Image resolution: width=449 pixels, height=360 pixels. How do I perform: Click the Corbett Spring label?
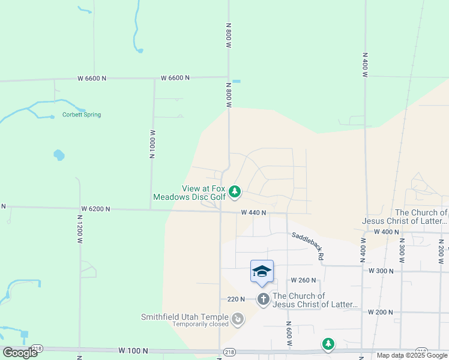(x=82, y=115)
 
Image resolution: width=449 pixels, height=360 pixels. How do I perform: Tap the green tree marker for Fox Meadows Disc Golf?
(x=235, y=192)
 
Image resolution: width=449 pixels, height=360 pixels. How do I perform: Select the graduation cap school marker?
(x=262, y=271)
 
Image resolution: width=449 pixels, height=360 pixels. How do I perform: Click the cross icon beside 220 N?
(x=264, y=299)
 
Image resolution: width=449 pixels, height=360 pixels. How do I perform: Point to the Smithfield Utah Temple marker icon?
(x=238, y=319)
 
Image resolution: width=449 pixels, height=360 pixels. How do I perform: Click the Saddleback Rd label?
(x=308, y=246)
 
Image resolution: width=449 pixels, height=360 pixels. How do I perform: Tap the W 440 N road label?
(x=253, y=212)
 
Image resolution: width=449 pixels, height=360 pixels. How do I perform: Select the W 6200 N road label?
(x=95, y=209)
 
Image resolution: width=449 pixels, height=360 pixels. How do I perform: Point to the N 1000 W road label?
(x=152, y=144)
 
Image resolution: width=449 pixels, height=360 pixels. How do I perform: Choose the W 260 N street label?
(x=303, y=280)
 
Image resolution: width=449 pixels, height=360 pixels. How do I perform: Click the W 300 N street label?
(x=381, y=271)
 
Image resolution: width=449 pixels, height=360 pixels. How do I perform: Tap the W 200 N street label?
(x=379, y=312)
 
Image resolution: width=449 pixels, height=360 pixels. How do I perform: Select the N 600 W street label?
(x=289, y=334)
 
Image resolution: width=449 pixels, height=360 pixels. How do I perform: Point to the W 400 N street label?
(x=386, y=232)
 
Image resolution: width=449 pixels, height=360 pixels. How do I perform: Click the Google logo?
(x=20, y=353)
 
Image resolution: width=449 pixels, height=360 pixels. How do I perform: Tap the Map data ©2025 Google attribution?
(x=412, y=355)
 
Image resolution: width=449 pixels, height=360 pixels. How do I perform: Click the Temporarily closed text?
(x=200, y=325)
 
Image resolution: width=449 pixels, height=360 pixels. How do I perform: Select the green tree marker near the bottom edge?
(x=328, y=344)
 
